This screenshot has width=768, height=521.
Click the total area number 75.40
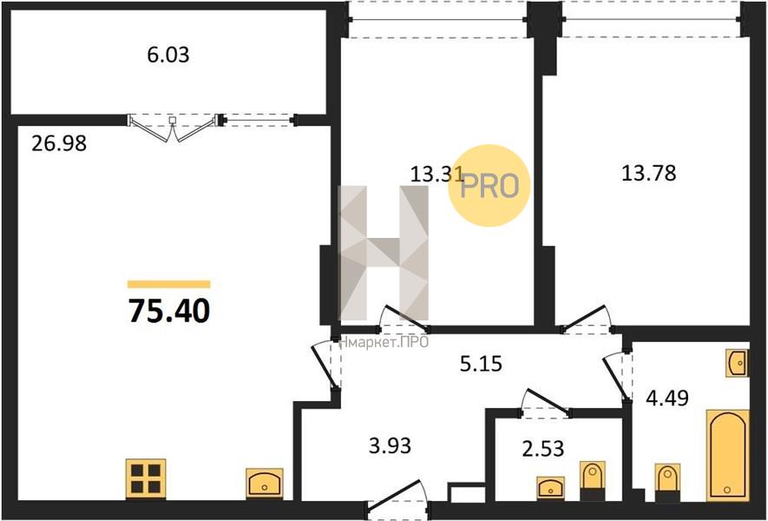[169, 311]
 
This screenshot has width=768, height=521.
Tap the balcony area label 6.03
[168, 55]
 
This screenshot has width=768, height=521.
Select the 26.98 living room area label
[59, 143]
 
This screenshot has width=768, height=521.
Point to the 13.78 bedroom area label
[648, 173]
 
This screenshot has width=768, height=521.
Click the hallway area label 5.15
[481, 364]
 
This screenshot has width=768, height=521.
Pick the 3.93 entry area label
[390, 446]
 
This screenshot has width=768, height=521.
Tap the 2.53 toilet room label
[542, 448]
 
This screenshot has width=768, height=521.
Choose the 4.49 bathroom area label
[667, 398]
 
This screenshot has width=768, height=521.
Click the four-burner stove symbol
[146, 478]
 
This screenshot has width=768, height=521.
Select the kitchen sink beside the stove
[265, 484]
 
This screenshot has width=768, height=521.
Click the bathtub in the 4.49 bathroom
[728, 455]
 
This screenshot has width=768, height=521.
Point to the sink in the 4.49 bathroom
[737, 363]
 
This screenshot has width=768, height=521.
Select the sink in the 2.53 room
[550, 488]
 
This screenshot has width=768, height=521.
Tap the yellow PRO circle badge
[489, 186]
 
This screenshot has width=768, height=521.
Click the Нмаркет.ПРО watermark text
[384, 342]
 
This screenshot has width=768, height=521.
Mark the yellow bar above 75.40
[169, 284]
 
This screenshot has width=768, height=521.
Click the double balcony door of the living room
[173, 127]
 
